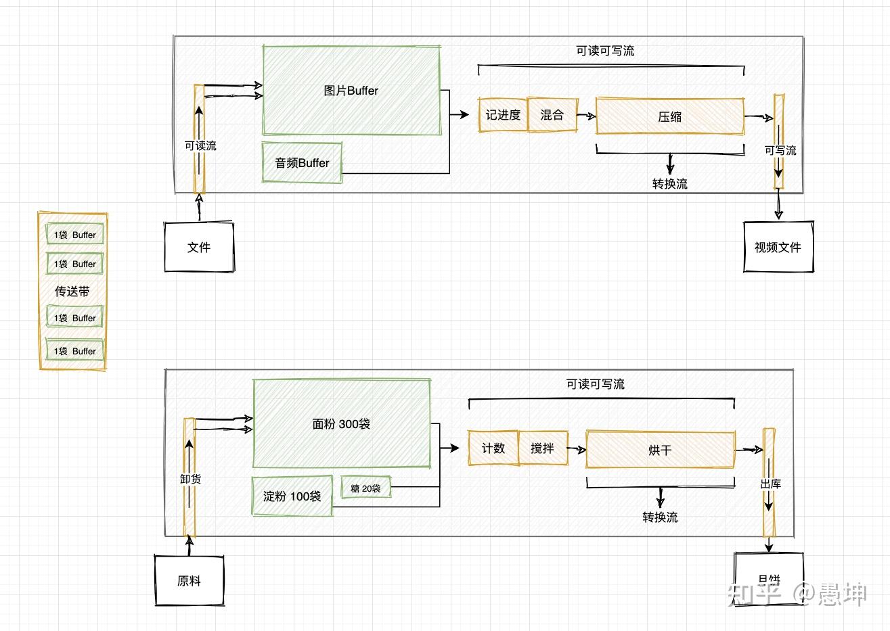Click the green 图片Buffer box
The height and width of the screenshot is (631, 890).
pos(351,91)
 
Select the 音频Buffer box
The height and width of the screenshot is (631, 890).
pos(302,163)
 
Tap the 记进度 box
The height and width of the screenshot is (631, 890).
pos(502,115)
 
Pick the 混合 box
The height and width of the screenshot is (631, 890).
pos(552,115)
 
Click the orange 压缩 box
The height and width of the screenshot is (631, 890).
pos(669,116)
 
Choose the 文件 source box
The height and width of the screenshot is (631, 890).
pos(199,248)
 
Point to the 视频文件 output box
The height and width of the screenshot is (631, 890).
pos(778,248)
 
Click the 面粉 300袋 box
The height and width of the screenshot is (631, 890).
pos(341,424)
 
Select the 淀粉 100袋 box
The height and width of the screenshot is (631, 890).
pos(292,496)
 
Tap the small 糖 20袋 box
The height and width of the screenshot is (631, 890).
pos(365,488)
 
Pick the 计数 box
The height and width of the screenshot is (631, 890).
pos(493,448)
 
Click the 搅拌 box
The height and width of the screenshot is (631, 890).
pos(542,448)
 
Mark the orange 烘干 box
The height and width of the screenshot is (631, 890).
pos(660,450)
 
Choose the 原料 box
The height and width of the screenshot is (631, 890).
pos(190,581)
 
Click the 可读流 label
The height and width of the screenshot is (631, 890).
pos(200,145)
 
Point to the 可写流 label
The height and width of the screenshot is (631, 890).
pos(780,150)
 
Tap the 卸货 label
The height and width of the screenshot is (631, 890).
pos(190,479)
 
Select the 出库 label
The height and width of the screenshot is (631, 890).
pos(770,484)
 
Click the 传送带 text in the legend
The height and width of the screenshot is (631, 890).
pos(72,291)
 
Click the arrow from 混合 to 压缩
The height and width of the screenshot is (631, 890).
pos(586,116)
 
